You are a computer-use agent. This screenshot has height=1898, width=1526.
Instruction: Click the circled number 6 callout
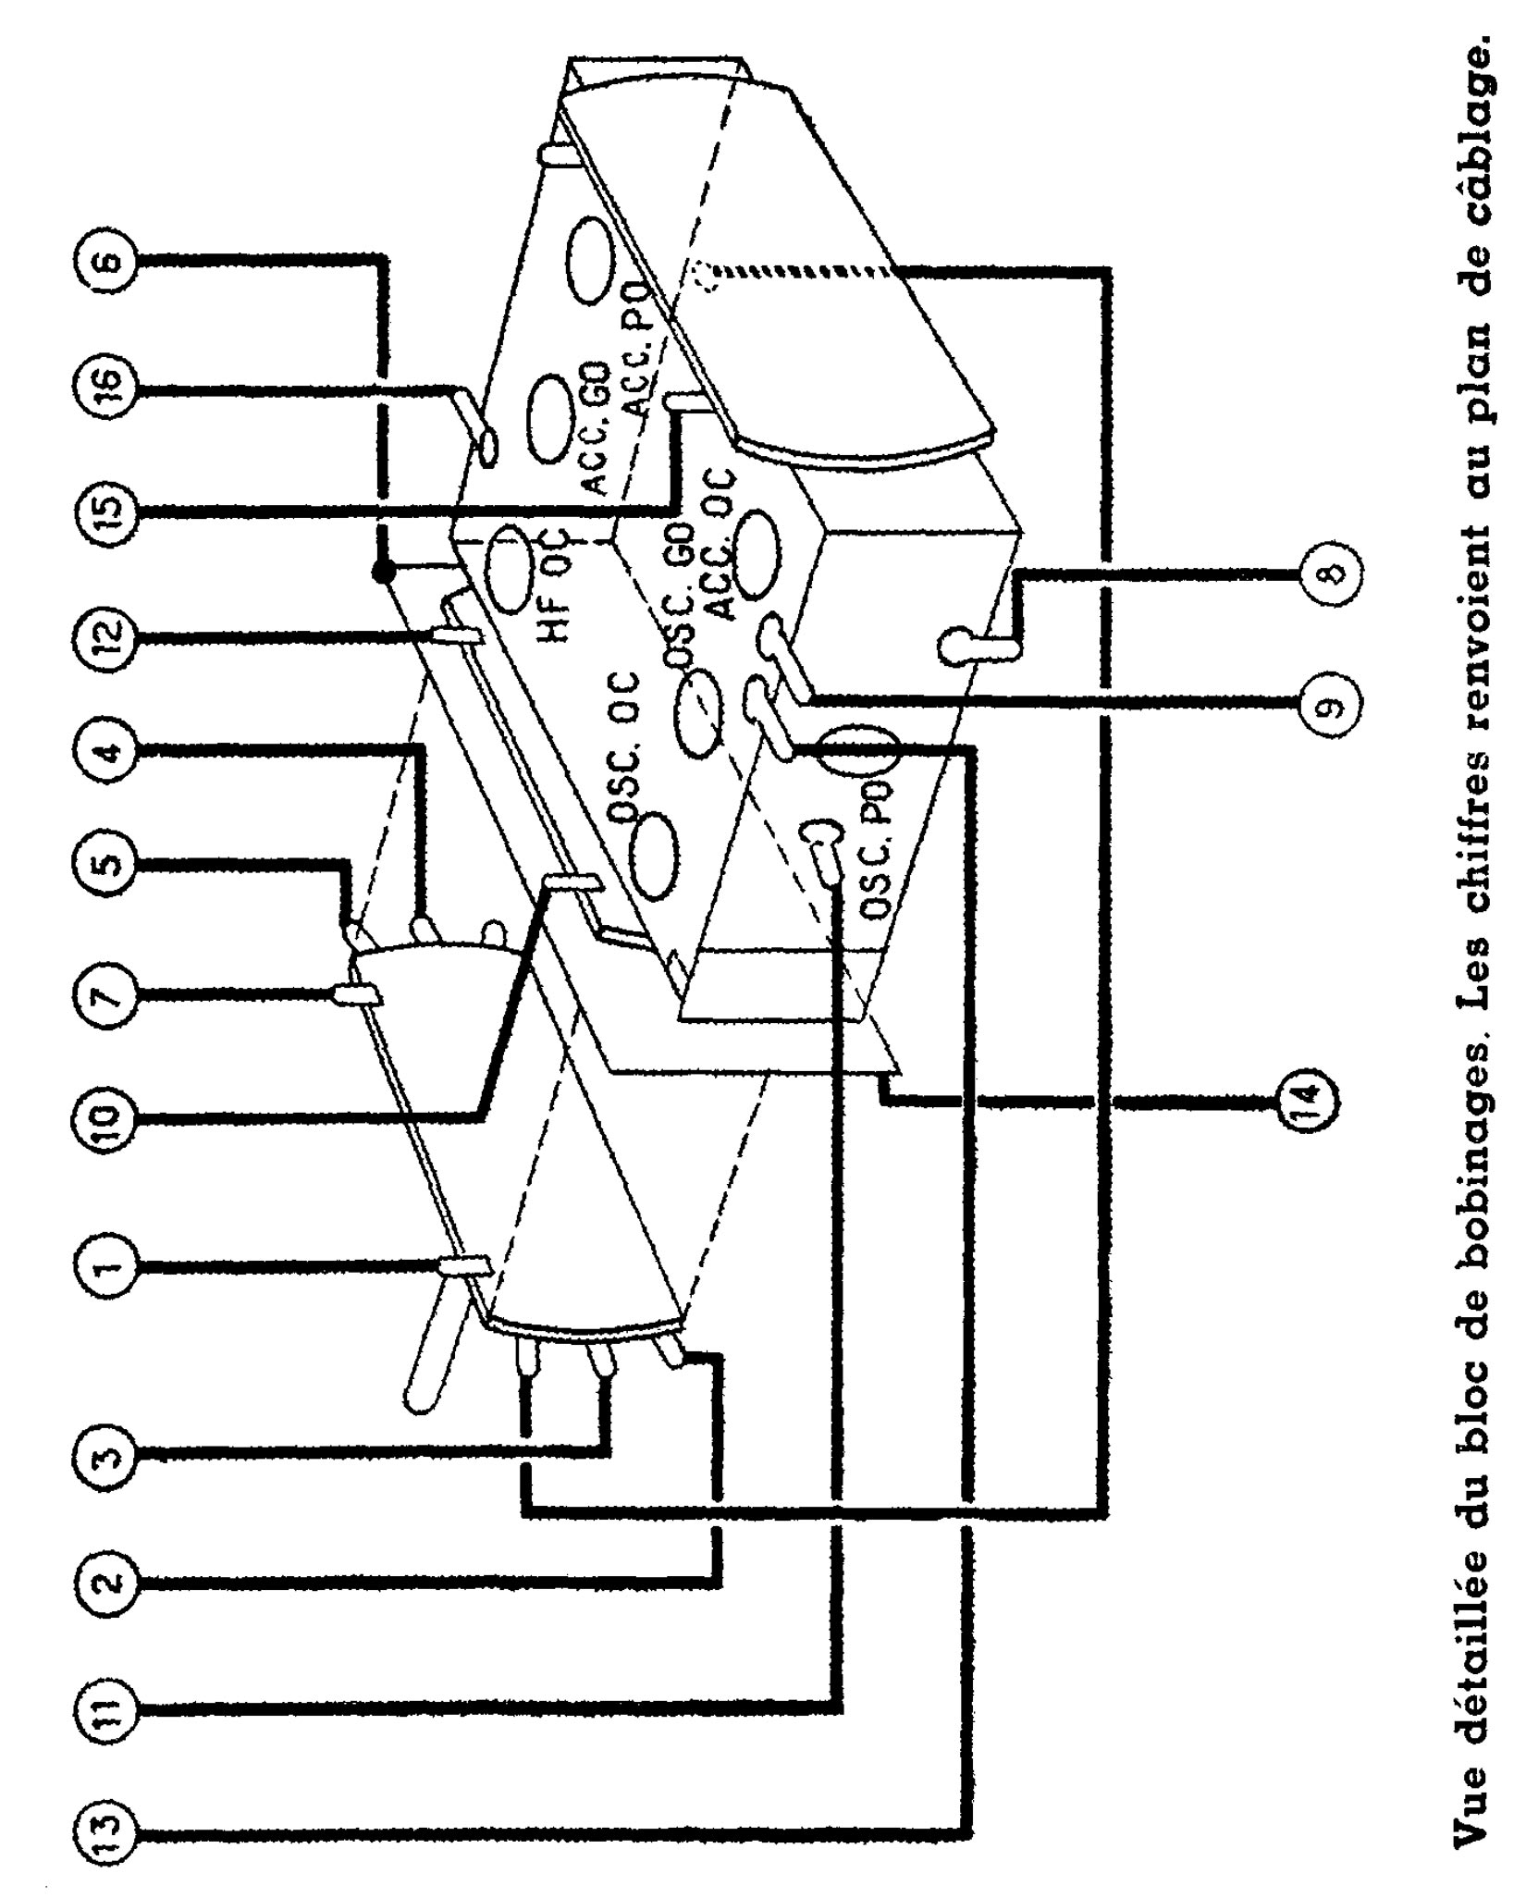tap(105, 260)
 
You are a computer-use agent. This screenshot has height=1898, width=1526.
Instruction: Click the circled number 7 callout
tap(105, 994)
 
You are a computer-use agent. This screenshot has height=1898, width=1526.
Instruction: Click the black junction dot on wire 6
tap(381, 573)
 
